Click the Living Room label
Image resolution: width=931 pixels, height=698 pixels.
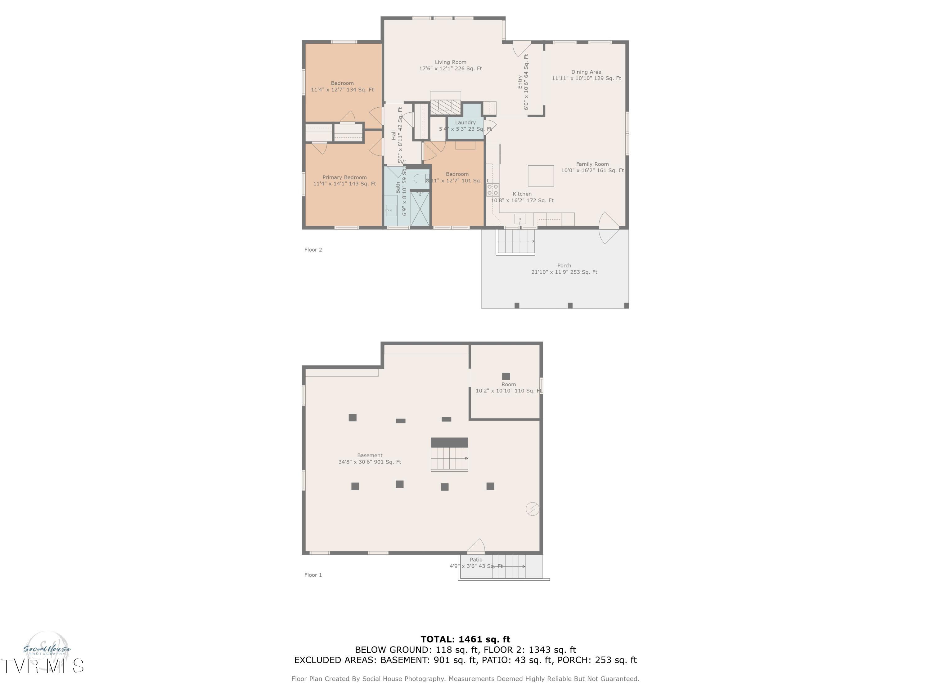point(450,65)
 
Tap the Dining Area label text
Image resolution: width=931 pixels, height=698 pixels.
point(586,75)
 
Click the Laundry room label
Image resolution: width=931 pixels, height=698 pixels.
point(465,125)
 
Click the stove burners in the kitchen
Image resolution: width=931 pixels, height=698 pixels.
point(492,189)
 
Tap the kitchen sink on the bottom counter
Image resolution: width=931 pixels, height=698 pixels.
point(520,219)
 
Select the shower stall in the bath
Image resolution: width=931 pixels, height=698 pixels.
point(420,208)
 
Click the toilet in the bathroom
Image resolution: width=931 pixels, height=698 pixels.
point(421,179)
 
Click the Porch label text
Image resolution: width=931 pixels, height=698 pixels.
point(564,268)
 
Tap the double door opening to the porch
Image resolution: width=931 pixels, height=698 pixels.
point(609,228)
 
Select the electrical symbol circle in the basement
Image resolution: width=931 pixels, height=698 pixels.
point(533,509)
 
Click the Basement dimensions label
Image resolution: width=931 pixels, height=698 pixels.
point(370,459)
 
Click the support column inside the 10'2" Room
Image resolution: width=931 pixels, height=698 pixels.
point(506,376)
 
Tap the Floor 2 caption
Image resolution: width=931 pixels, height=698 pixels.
point(313,249)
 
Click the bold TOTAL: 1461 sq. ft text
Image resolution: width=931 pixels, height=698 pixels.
point(465,639)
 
